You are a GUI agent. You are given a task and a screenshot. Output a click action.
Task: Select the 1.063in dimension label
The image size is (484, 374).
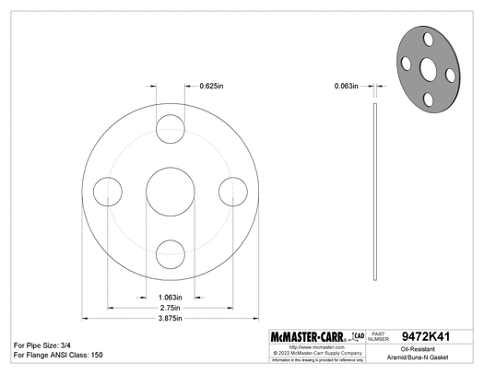(169, 298)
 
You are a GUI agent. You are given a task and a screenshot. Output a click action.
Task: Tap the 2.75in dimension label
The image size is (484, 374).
(169, 308)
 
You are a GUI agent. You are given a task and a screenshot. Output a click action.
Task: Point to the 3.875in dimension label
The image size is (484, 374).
(169, 318)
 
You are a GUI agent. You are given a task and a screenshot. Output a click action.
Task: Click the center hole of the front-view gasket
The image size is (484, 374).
(169, 191)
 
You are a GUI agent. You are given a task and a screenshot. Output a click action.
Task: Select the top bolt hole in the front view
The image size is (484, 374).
(169, 128)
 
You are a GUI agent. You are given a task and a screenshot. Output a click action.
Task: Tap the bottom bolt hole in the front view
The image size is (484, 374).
(169, 252)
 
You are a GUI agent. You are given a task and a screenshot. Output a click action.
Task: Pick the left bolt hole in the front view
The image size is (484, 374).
(107, 191)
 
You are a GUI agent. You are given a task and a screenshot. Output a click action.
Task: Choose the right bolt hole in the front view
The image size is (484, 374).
(230, 191)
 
